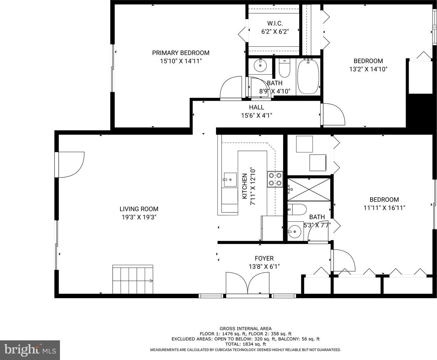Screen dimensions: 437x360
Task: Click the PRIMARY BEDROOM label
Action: tap(180, 53)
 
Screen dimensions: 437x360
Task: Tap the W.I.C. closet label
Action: tap(275, 23)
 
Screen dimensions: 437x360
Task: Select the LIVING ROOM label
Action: tap(139, 209)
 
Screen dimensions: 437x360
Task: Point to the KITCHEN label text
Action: tap(245, 186)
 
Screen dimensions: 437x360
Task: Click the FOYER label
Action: tap(264, 258)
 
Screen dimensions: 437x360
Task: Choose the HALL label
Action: tap(257, 107)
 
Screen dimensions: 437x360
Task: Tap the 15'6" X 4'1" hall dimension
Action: tap(257, 115)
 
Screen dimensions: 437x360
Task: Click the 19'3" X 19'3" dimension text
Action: tap(139, 217)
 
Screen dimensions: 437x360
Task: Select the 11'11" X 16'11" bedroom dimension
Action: tap(384, 208)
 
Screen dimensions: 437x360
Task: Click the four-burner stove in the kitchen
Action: tap(275, 179)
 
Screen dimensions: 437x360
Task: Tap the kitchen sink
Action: tap(230, 180)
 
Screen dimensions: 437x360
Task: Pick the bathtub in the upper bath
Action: tap(308, 77)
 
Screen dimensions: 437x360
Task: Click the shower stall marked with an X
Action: tap(309, 190)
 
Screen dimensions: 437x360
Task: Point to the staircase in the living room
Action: tap(133, 279)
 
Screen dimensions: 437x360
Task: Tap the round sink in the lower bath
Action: tap(295, 231)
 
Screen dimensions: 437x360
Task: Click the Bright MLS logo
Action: tap(30, 350)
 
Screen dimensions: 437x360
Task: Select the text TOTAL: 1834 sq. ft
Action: tap(246, 344)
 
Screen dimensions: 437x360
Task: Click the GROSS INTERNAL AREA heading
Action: tap(246, 329)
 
